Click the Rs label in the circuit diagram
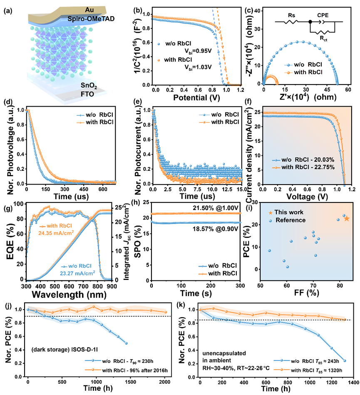[290, 14]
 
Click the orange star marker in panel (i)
[346, 218]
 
